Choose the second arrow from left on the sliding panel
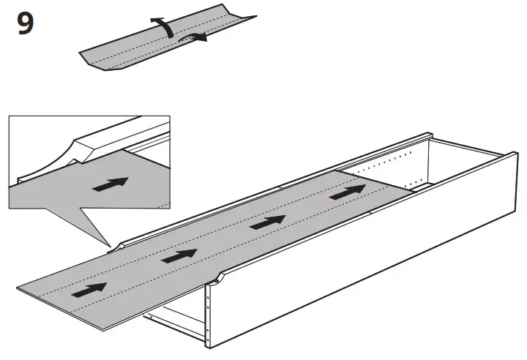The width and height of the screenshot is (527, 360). (177, 255)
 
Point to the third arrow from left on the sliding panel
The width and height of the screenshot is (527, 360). (267, 222)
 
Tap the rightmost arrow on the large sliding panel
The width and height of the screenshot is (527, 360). (347, 193)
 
